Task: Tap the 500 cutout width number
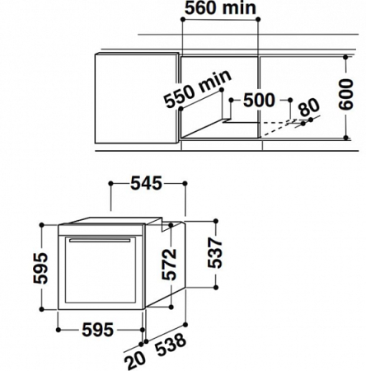pyautogui.click(x=259, y=101)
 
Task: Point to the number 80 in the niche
pyautogui.click(x=309, y=107)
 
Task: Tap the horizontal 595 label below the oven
pyautogui.click(x=97, y=331)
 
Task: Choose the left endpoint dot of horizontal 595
pyautogui.click(x=56, y=331)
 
